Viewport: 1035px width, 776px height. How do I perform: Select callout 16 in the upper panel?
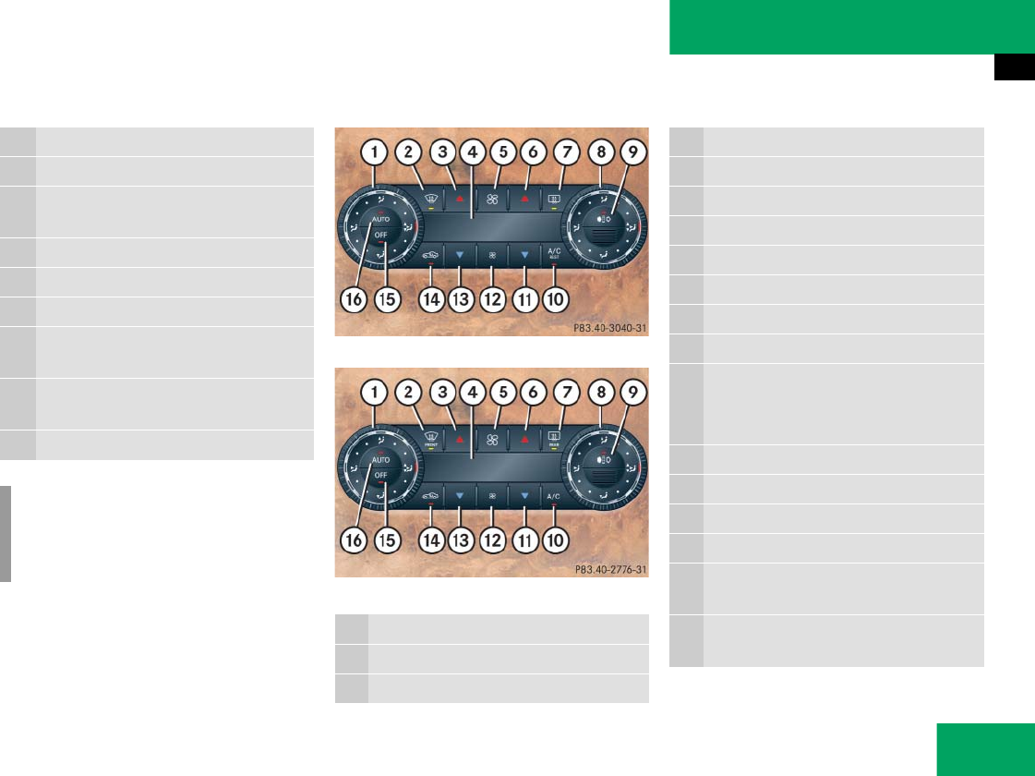coord(353,299)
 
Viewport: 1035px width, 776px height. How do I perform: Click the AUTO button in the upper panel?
coord(381,220)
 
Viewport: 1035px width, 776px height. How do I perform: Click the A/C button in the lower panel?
coord(555,497)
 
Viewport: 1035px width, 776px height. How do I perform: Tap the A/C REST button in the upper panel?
coord(554,253)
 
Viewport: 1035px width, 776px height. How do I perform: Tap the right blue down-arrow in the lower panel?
coord(524,496)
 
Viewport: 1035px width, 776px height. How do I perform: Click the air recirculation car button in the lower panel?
coord(429,496)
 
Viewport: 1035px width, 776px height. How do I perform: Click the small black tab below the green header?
coord(1014,67)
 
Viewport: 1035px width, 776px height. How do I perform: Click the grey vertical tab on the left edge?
coord(6,535)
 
